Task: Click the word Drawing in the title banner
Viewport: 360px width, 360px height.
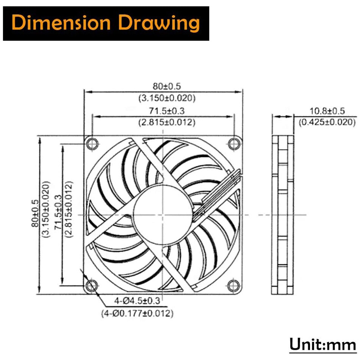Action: (x=163, y=24)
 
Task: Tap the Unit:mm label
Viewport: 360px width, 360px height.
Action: (x=322, y=345)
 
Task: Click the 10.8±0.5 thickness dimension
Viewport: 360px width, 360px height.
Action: (x=327, y=111)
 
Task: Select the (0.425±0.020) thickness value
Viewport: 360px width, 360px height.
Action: (x=327, y=122)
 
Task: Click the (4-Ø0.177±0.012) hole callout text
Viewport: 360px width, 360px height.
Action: (x=137, y=313)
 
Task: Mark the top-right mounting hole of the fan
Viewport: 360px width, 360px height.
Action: (x=234, y=144)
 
